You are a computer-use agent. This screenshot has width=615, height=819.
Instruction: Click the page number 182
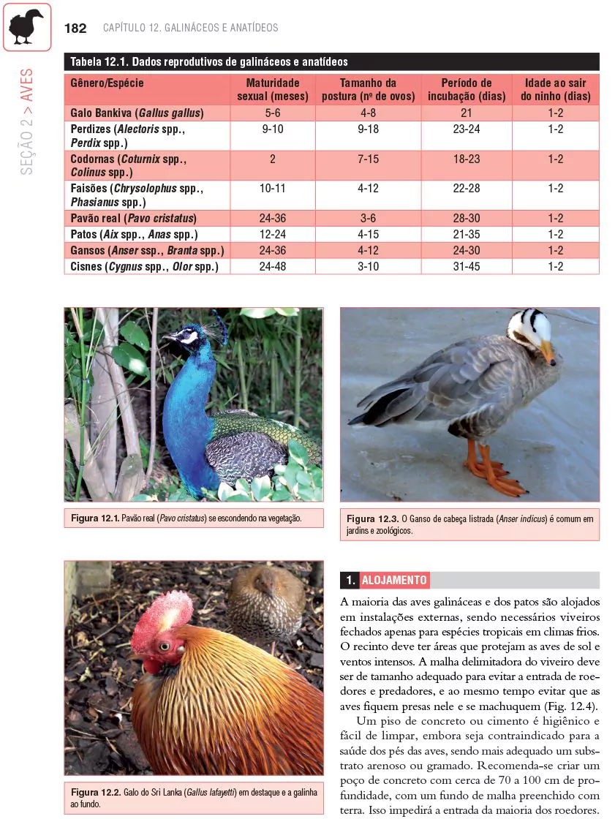pyautogui.click(x=75, y=29)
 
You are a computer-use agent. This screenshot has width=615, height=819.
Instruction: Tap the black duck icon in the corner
pyautogui.click(x=26, y=27)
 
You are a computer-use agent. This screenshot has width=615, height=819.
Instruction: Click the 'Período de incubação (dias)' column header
pyautogui.click(x=466, y=89)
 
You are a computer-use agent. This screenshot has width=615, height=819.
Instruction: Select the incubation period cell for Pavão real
pyautogui.click(x=466, y=219)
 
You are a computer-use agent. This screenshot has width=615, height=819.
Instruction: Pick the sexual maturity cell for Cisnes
pyautogui.click(x=272, y=267)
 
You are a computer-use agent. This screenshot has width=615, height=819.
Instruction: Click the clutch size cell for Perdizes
pyautogui.click(x=368, y=129)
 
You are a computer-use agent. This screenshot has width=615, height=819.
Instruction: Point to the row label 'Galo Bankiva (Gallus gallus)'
pyautogui.click(x=137, y=113)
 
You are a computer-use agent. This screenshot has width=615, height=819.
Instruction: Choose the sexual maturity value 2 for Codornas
pyautogui.click(x=272, y=159)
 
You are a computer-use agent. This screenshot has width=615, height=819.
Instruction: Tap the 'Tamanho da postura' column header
pyautogui.click(x=368, y=89)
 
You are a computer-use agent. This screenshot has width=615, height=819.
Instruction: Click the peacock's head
pyautogui.click(x=184, y=337)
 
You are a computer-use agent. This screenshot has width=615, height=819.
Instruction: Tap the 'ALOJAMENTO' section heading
pyautogui.click(x=394, y=581)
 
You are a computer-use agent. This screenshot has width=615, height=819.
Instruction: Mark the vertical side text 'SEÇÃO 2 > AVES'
pyautogui.click(x=27, y=121)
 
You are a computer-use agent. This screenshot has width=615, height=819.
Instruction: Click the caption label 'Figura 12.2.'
pyautogui.click(x=94, y=793)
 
